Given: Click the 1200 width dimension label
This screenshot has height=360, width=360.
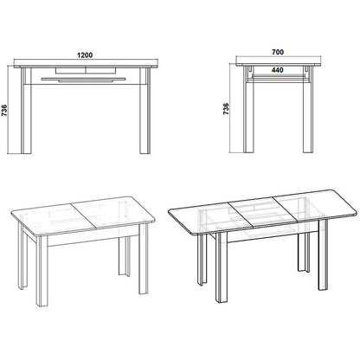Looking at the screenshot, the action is coord(85,55).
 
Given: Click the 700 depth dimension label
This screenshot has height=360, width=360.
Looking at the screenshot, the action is coord(278,52).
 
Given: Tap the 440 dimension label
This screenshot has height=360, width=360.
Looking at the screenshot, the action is coord(277,70).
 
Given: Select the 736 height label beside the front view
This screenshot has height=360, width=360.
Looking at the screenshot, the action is coord(4,111).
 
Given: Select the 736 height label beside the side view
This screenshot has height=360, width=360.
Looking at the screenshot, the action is coord(226,109).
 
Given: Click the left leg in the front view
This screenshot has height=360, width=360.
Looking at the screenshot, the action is coord(26,111).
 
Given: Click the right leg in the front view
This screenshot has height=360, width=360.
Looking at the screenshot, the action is coord(145,111).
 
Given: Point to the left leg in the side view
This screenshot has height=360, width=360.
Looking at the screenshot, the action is coord(248,110).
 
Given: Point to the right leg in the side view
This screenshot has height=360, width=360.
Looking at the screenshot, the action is coord(308,110).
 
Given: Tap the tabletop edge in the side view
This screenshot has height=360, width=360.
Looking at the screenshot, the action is coord(279,65).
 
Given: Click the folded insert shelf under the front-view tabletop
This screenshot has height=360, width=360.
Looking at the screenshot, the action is coord(83,80).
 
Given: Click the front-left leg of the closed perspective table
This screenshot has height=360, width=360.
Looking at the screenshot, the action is coord(42,271).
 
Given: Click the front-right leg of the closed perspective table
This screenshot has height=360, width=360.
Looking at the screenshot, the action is coord(144,259).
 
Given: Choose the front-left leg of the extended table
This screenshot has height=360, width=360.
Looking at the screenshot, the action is coord(222,267).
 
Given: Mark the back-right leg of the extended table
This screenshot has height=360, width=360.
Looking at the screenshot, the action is coord(304,252).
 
